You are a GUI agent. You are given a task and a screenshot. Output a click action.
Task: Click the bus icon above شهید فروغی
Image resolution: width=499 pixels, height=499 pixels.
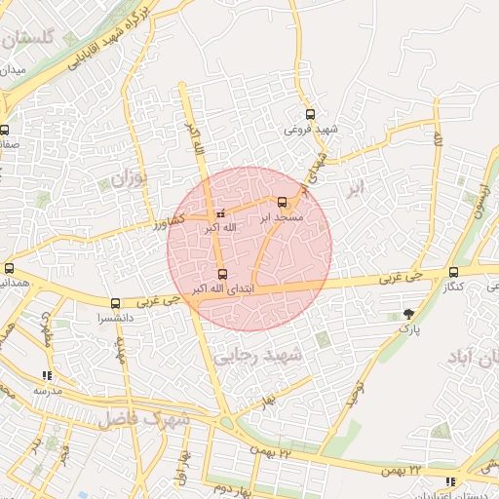tap(311, 114)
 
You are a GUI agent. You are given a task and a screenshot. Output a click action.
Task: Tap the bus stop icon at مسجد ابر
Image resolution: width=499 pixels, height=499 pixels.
tap(283, 203)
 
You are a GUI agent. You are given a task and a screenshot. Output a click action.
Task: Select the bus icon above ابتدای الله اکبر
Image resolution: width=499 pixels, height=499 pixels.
tap(222, 274)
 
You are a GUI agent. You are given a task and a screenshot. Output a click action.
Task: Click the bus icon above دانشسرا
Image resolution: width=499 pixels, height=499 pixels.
tap(116, 303)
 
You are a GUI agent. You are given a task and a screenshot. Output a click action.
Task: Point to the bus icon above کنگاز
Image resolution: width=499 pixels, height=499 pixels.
tap(453, 273)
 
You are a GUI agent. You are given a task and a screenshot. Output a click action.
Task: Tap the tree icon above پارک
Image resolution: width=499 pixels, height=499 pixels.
tap(408, 314)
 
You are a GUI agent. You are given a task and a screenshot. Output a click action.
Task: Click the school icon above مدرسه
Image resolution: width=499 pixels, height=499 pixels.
tap(47, 375)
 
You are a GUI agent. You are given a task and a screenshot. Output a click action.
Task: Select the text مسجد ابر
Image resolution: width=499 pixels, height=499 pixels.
tap(284, 218)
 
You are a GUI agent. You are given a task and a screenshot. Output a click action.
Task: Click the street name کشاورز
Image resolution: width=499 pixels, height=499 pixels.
tap(172, 223)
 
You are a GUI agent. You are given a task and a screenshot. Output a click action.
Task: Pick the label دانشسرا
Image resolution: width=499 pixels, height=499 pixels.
tap(114, 318)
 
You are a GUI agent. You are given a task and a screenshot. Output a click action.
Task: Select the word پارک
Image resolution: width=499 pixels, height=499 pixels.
tap(408, 329)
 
